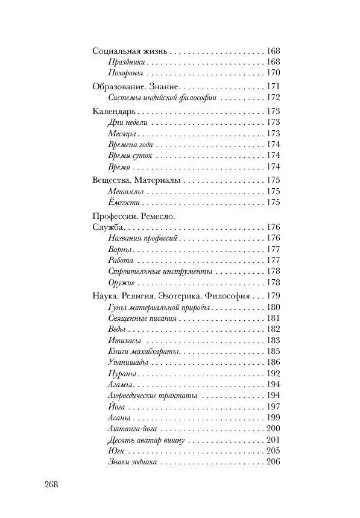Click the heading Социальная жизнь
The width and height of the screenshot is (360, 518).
click(x=129, y=51)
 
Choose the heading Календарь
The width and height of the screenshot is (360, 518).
click(x=113, y=112)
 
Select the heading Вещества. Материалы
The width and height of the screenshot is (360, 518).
click(x=136, y=180)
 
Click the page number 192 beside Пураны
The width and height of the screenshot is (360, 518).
click(x=273, y=374)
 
